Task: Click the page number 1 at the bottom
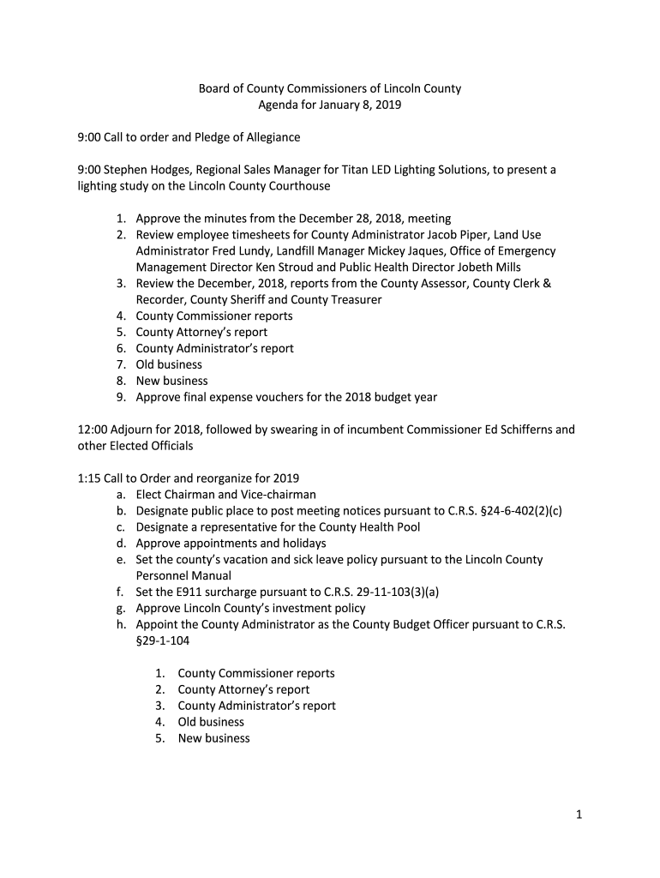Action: point(579,815)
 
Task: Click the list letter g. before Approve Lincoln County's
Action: point(122,609)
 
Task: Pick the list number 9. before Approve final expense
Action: point(122,397)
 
